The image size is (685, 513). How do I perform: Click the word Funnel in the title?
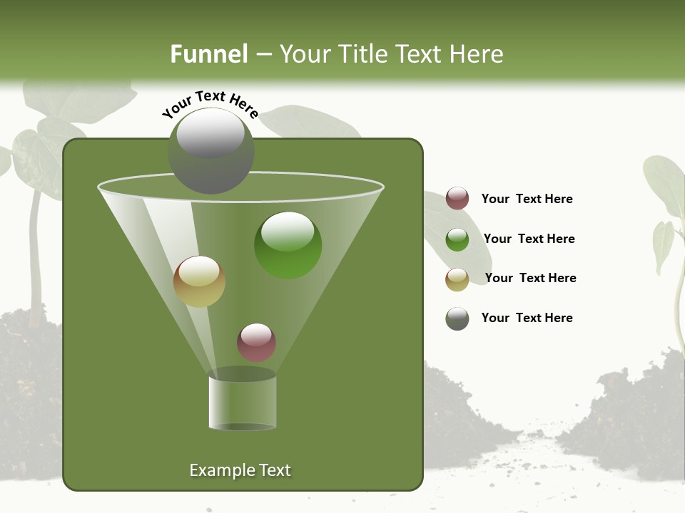coord(208,54)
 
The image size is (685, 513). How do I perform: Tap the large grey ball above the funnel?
coord(211,151)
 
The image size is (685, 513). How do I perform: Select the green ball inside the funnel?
coord(288,245)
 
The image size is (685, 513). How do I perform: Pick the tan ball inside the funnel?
coord(200,281)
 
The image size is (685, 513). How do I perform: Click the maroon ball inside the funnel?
coord(256,342)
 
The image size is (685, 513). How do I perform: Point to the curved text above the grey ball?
coord(210,105)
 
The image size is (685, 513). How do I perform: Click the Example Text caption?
coord(240,470)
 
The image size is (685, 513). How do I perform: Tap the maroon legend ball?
coord(457,199)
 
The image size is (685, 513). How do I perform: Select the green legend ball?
coord(457,239)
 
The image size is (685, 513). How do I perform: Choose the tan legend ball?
coord(457,279)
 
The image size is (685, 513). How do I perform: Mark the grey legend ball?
coord(457,318)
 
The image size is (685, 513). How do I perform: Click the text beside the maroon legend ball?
coord(527,199)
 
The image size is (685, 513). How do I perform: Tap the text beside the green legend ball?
coord(529,239)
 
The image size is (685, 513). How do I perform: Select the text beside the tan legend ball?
coord(530,278)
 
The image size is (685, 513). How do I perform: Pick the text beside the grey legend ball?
coord(527,318)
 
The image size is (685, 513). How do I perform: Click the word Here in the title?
coord(477,54)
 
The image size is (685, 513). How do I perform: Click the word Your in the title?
coord(301,54)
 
